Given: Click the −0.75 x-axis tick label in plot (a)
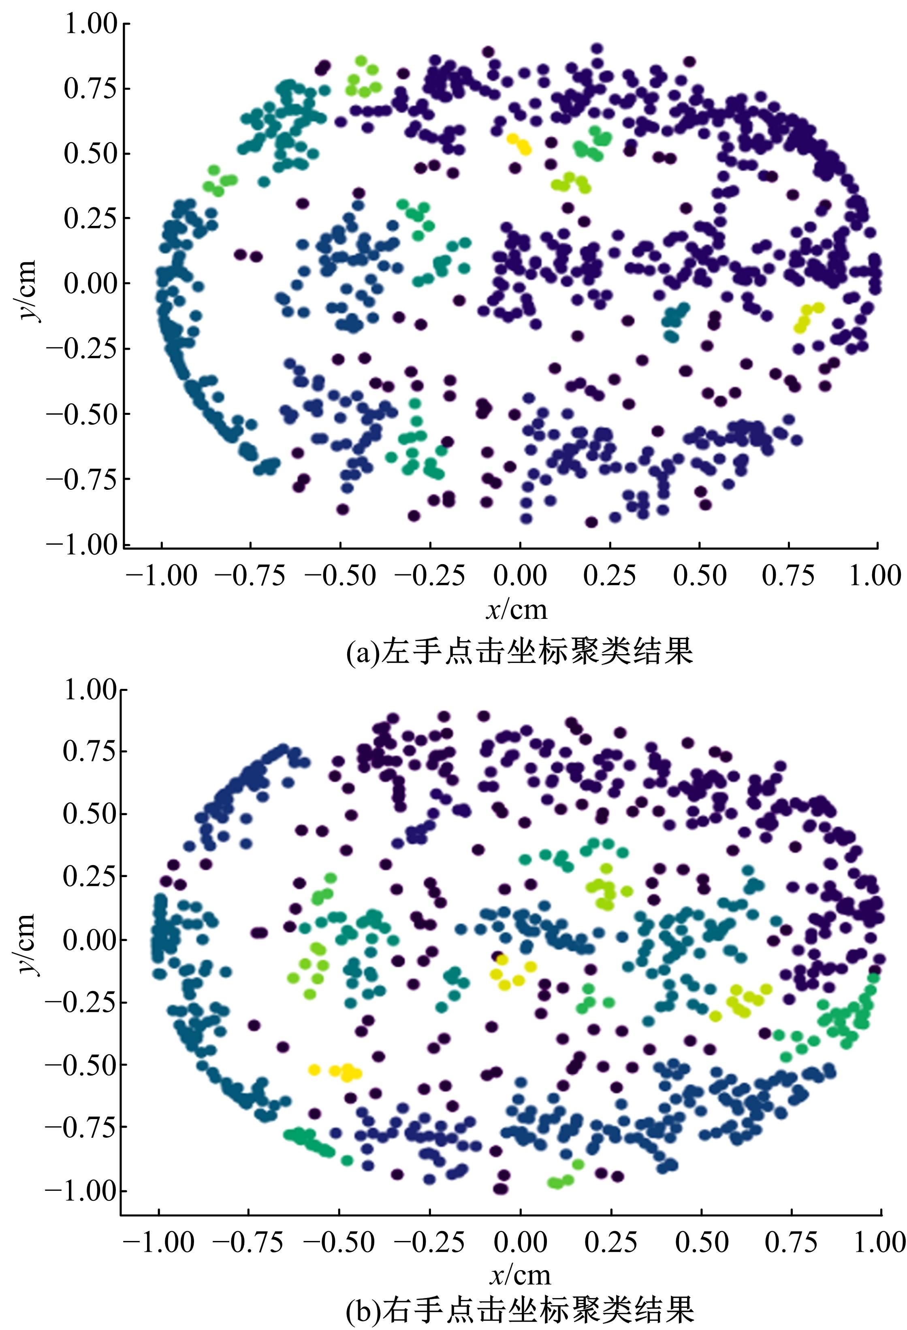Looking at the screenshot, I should pos(250,575).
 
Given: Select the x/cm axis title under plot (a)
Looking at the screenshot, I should pos(517,610).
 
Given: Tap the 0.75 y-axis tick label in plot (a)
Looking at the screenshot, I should pos(90,89).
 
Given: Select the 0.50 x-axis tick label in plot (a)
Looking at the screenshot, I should pos(700,575).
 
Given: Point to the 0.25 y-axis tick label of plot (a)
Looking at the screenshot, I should pos(90,218).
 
